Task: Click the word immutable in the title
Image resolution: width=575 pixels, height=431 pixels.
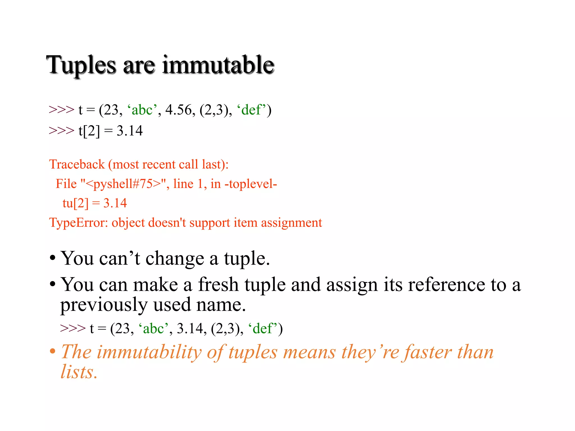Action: click(218, 65)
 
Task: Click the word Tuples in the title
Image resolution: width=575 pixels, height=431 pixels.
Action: click(81, 65)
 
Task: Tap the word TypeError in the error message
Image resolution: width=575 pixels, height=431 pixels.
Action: click(78, 223)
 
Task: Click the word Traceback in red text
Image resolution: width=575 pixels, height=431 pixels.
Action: click(77, 164)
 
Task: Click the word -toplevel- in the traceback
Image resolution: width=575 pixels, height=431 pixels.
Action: click(251, 184)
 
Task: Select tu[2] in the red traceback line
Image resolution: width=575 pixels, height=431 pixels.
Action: click(75, 203)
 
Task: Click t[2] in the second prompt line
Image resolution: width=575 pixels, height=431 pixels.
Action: click(89, 131)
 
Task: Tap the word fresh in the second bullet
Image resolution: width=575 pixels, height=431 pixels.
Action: click(218, 285)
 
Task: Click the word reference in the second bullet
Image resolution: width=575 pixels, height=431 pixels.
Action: click(446, 285)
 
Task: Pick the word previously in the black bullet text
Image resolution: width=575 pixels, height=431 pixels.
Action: click(104, 305)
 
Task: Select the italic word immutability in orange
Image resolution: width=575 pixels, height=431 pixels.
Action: click(149, 352)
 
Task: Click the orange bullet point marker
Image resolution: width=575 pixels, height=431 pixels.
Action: click(53, 351)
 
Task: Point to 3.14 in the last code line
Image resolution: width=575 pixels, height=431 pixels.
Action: click(190, 329)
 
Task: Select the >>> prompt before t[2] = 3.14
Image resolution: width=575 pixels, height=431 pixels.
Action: click(61, 131)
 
